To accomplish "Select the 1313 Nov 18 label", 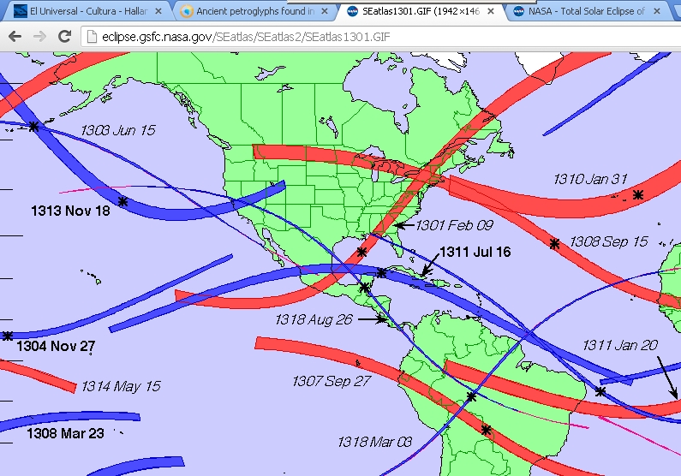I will click(x=70, y=211).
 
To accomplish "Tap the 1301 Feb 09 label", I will click(x=454, y=225).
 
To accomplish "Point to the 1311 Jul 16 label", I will click(x=475, y=252).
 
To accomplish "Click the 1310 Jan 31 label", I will click(x=590, y=179).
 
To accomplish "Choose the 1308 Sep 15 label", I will click(x=609, y=242).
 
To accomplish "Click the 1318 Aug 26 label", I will click(x=314, y=319).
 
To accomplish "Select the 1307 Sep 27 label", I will click(x=332, y=380).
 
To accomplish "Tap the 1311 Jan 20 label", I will click(x=620, y=344).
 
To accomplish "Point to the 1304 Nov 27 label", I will click(x=56, y=347).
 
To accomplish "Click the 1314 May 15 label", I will click(x=121, y=386).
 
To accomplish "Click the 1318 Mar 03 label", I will click(x=374, y=442).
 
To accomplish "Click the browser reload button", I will click(x=64, y=36).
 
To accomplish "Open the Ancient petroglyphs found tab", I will click(x=248, y=11).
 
